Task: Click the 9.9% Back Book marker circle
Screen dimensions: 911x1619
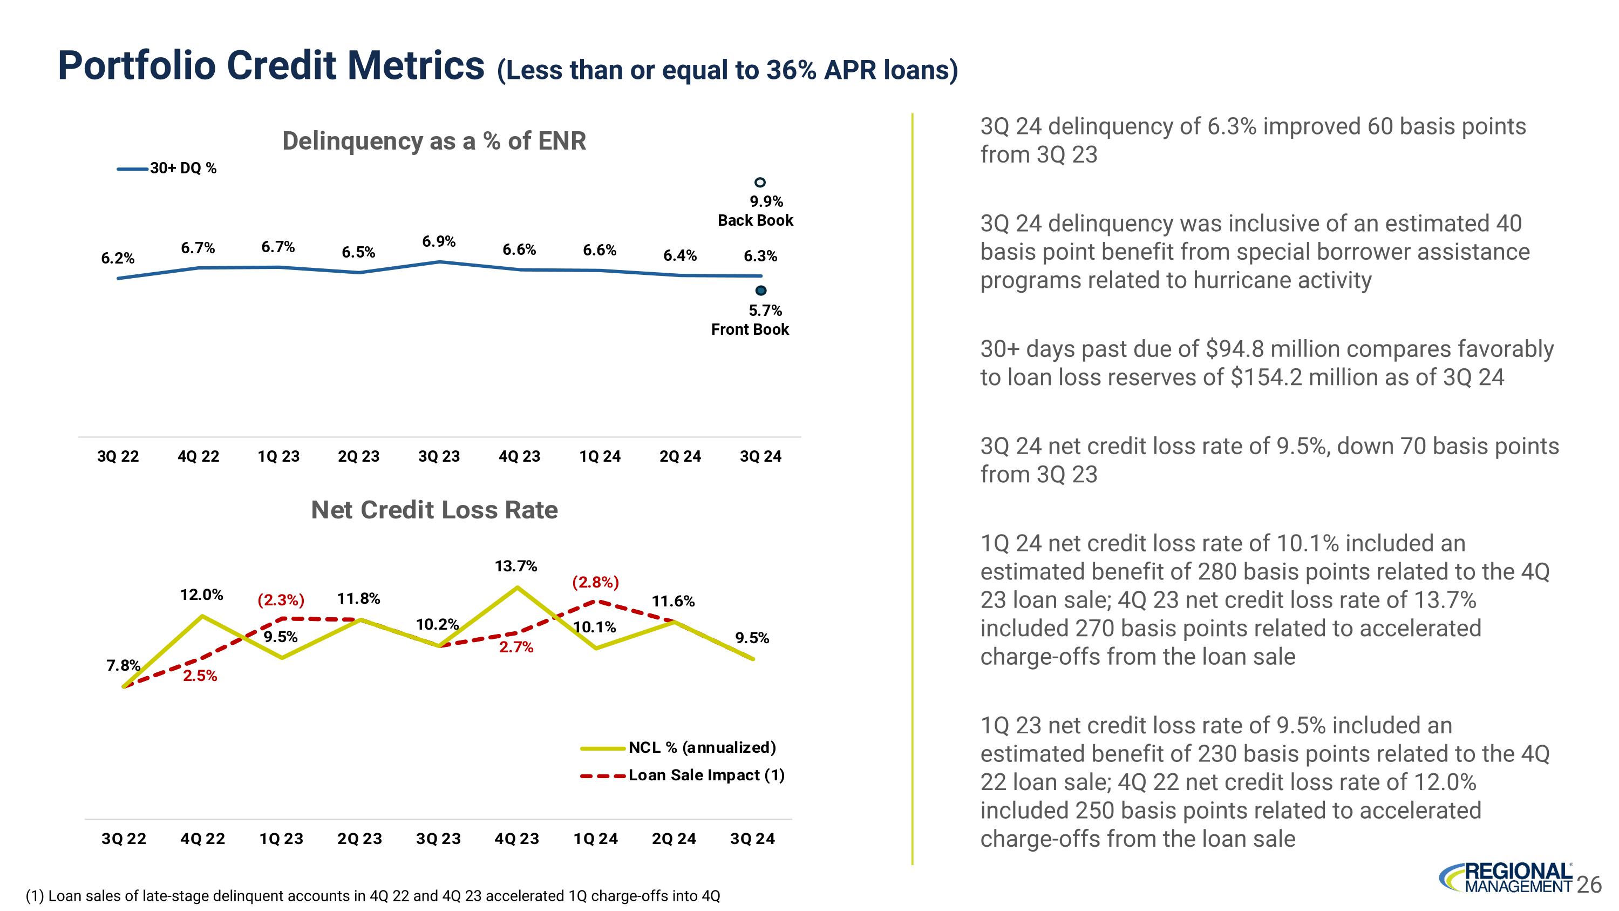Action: pyautogui.click(x=760, y=183)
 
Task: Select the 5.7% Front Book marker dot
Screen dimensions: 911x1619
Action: pyautogui.click(x=760, y=291)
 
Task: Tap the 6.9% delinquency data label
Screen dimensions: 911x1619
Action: pyautogui.click(x=439, y=241)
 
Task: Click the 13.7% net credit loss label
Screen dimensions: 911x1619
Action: pyautogui.click(x=515, y=566)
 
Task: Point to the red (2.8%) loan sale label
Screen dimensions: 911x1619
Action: pyautogui.click(x=595, y=582)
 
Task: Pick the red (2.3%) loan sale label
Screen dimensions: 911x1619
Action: pyautogui.click(x=280, y=600)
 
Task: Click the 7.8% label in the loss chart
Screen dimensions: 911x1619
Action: pyautogui.click(x=123, y=665)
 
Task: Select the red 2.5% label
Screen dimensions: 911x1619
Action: pyautogui.click(x=200, y=676)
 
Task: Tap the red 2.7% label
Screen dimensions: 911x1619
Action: pyautogui.click(x=516, y=647)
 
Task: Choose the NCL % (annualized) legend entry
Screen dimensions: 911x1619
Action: pyautogui.click(x=702, y=747)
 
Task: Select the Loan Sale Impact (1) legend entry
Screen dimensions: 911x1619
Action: pyautogui.click(x=706, y=775)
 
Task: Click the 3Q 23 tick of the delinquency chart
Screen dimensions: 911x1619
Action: pyautogui.click(x=439, y=456)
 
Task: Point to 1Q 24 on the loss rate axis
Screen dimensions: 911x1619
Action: pyautogui.click(x=595, y=839)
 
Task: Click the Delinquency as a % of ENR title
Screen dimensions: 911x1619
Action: pyautogui.click(x=434, y=141)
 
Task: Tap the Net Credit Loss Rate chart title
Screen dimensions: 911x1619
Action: pyautogui.click(x=434, y=510)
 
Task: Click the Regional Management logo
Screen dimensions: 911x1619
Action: pyautogui.click(x=1505, y=878)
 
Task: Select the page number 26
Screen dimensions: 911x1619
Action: pyautogui.click(x=1589, y=885)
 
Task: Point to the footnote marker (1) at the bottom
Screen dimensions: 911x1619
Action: pyautogui.click(x=35, y=896)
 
